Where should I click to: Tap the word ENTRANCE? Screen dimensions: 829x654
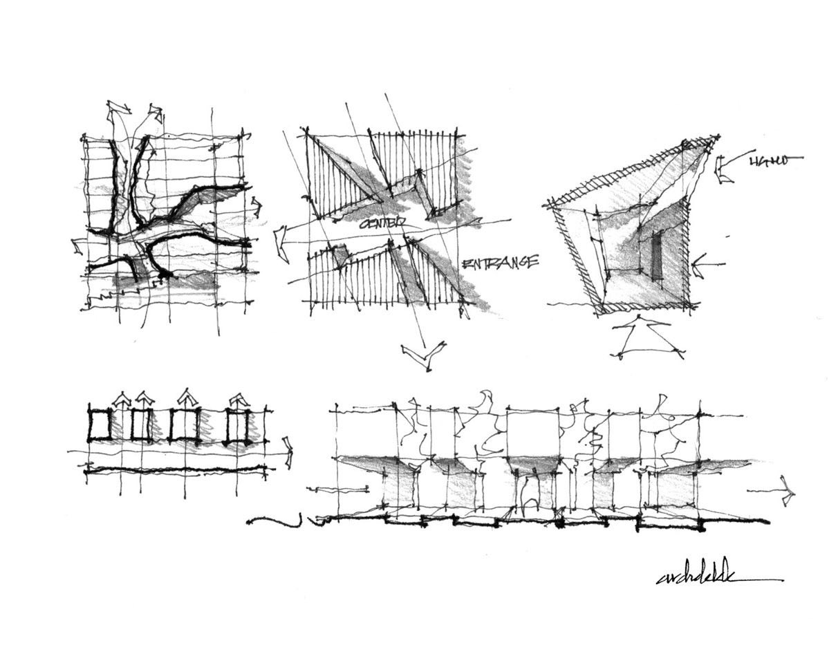click(x=499, y=263)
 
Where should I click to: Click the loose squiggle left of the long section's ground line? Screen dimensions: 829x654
click(x=277, y=521)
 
